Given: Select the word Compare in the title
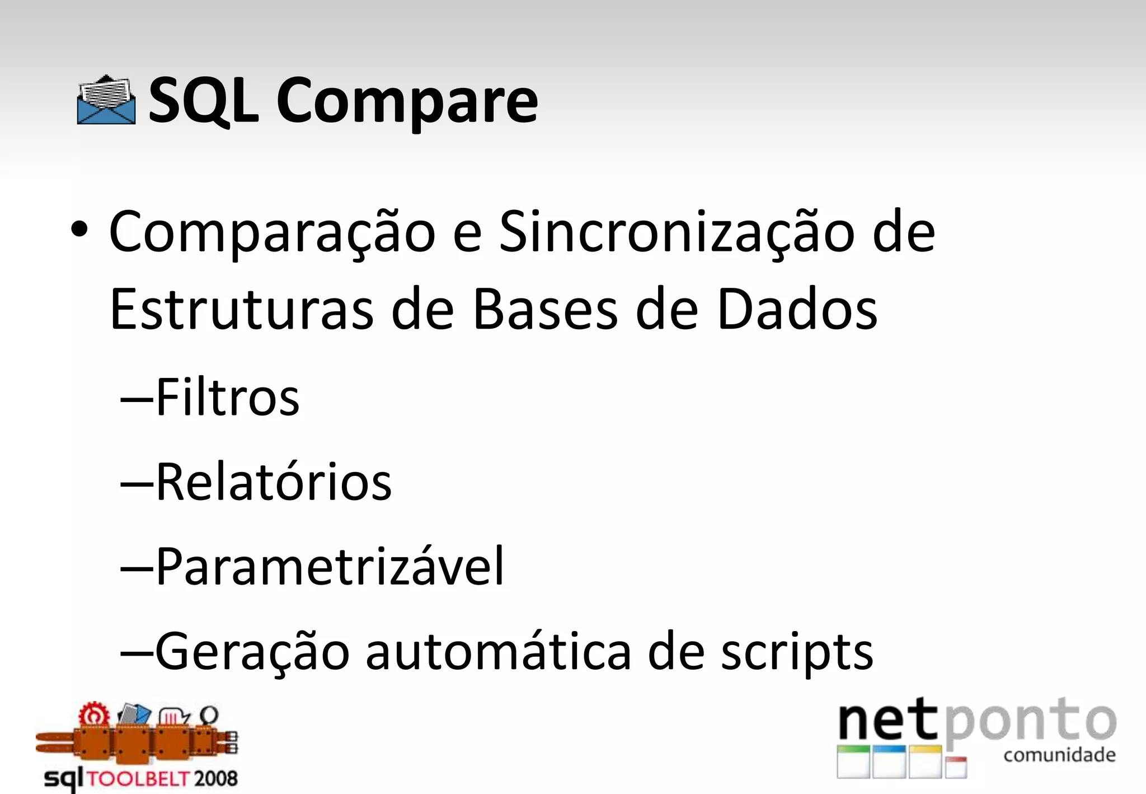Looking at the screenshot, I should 407,102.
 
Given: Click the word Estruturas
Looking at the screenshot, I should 241,310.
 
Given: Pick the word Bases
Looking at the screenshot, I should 545,310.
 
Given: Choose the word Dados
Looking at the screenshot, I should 797,310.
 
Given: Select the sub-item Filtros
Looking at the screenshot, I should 227,398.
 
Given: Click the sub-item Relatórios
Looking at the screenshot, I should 273,482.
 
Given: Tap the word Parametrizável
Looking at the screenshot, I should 330,567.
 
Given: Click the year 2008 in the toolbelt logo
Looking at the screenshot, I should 216,778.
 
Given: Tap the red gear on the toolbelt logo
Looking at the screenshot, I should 93,716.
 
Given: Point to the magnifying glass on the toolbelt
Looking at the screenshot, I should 209,716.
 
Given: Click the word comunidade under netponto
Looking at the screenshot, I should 1059,755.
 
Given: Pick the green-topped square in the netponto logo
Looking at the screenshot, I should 853,762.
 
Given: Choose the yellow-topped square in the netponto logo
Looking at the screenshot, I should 925,762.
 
